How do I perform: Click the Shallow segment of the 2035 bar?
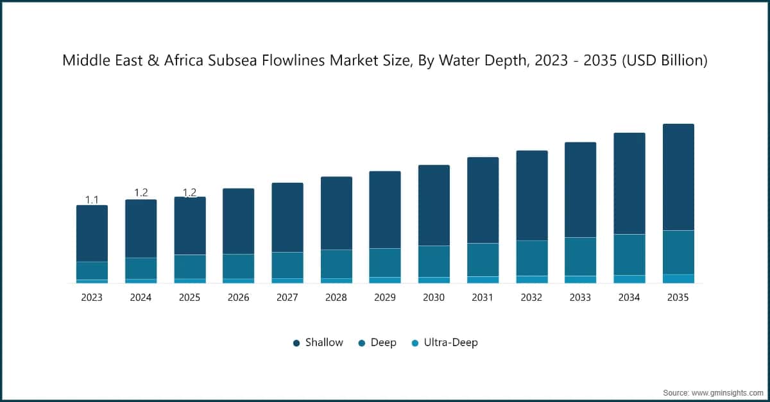[678, 177]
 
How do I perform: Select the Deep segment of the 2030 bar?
[434, 261]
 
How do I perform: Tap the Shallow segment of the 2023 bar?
[92, 233]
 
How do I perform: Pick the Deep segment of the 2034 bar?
[629, 255]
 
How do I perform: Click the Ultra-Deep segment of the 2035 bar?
[678, 278]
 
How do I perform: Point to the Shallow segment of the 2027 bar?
[287, 217]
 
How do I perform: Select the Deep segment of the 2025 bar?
[190, 266]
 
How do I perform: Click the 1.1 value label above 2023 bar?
[92, 200]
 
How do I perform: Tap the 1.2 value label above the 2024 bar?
[141, 193]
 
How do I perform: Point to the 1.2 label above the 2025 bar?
[190, 192]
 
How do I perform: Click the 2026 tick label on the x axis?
[238, 297]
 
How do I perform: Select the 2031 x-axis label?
[483, 297]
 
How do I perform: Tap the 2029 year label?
[385, 297]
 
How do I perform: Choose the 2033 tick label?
[580, 297]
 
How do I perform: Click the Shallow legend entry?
[318, 342]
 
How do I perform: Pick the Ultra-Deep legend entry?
[445, 342]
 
